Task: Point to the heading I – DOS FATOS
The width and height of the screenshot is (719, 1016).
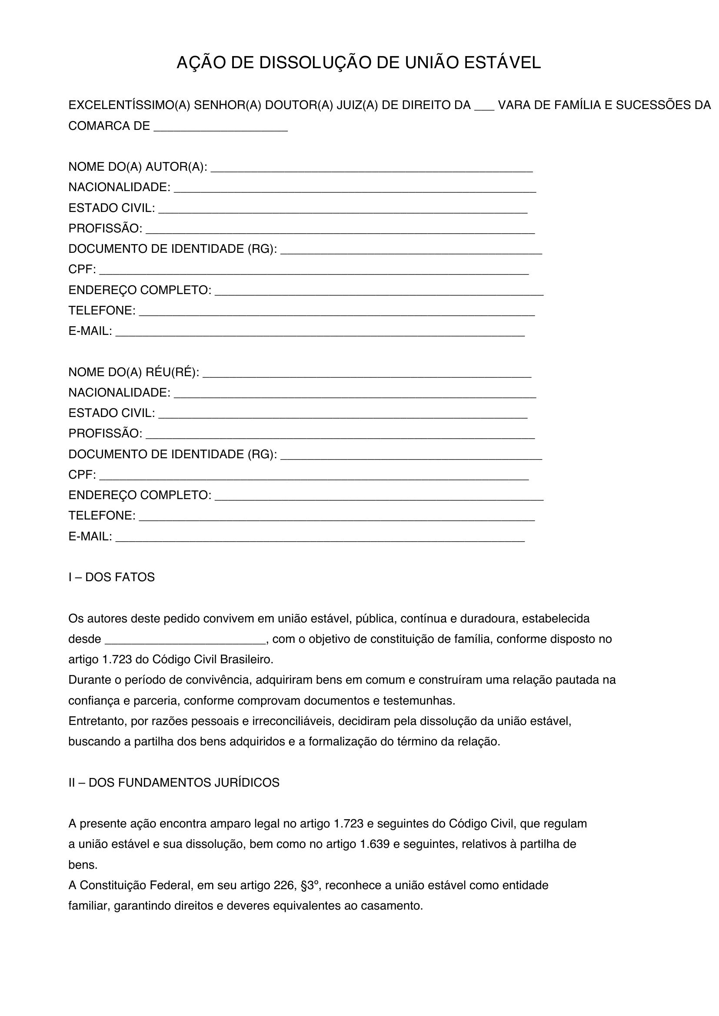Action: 112,577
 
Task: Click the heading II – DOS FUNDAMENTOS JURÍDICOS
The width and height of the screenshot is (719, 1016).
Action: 174,783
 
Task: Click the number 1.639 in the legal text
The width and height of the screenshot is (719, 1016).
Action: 375,844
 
